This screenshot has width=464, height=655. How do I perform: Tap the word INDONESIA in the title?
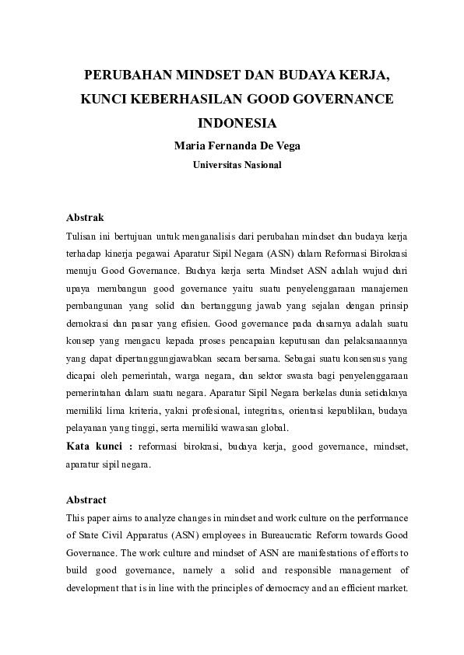[237, 123]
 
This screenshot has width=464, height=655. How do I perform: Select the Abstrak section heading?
[85, 218]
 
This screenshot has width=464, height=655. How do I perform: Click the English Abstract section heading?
[86, 499]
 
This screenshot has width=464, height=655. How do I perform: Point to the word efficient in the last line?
[359, 588]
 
